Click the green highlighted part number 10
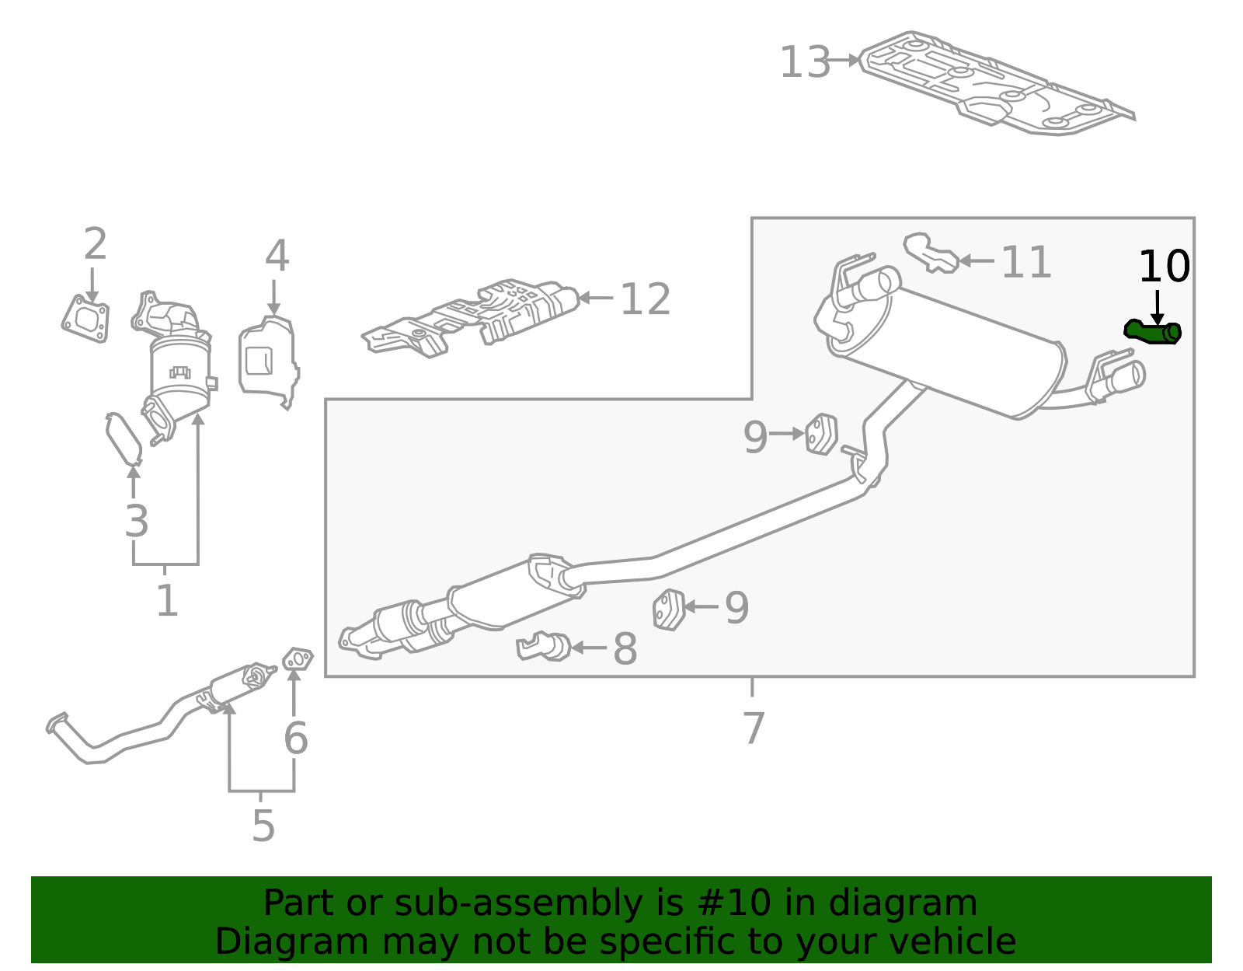tap(1153, 332)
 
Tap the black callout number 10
tap(1163, 267)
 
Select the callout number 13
tap(805, 62)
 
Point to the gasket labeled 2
tap(85, 318)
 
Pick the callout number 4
tap(277, 256)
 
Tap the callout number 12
tap(645, 299)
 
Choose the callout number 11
tap(1025, 262)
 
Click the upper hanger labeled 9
tap(821, 435)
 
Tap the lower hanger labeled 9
tap(669, 609)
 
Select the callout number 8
tap(625, 649)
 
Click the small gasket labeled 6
tap(297, 659)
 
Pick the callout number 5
tap(263, 826)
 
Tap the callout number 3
tap(136, 521)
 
